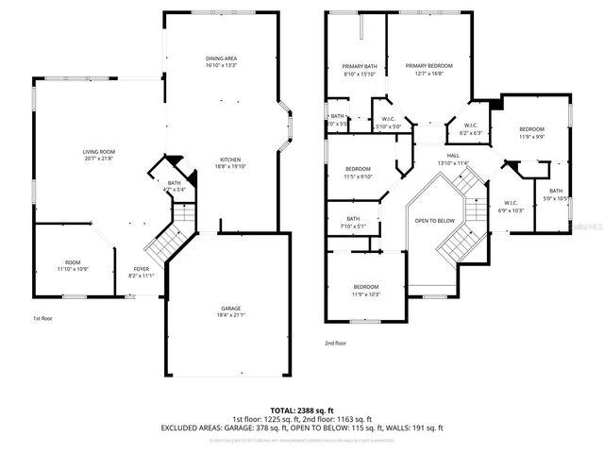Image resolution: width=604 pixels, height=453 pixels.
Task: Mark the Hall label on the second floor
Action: [x=453, y=159]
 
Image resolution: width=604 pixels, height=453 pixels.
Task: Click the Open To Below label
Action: [x=435, y=220]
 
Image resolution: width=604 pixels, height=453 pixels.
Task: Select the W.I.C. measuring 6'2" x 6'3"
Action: [x=469, y=128]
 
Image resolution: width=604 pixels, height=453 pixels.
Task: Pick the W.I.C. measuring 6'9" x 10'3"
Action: [x=511, y=206]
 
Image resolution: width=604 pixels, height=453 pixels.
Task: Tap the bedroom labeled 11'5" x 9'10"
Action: [x=358, y=172]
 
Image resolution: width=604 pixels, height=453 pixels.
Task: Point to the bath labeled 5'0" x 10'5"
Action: [x=556, y=193]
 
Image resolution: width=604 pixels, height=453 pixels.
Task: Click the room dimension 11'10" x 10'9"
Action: [x=73, y=270]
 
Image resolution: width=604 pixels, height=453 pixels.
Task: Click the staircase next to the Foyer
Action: [x=168, y=241]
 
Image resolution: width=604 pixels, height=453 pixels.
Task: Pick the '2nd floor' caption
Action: [x=335, y=344]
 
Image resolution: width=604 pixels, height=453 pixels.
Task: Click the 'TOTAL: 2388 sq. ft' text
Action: [x=301, y=409]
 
